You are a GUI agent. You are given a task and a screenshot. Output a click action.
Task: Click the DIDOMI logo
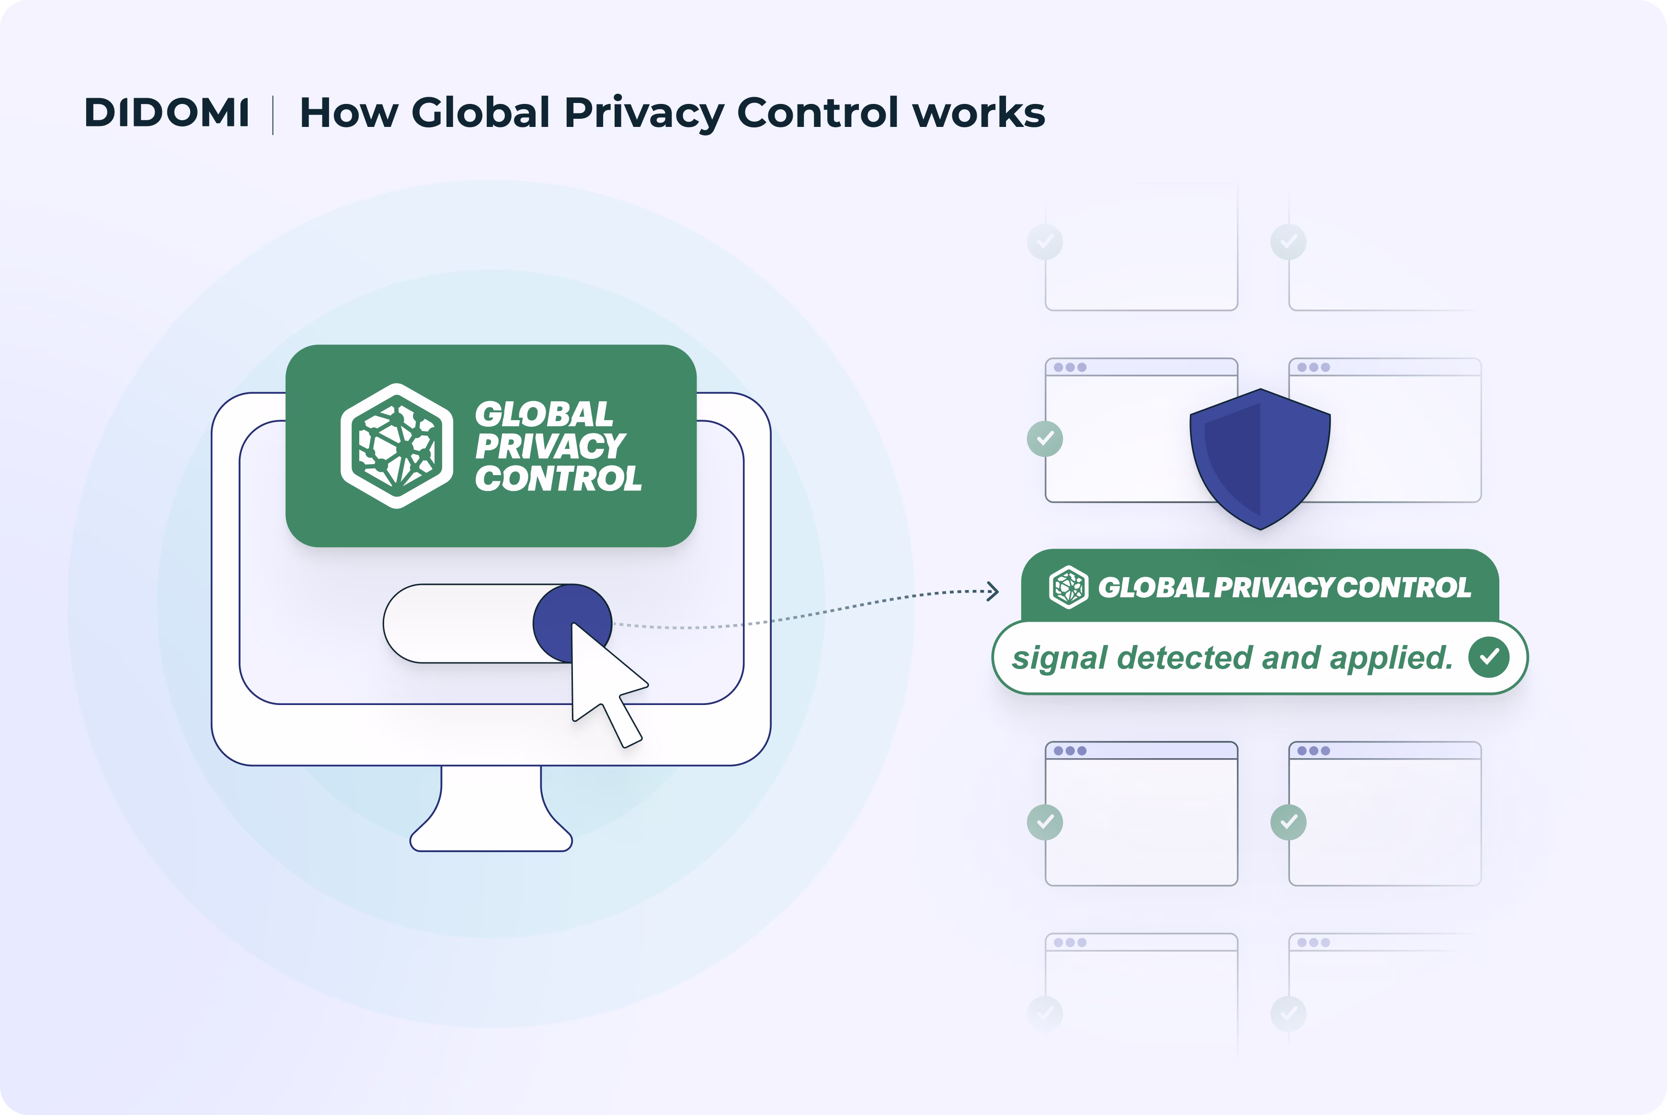click(166, 113)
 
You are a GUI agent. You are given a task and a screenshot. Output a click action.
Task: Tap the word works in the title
click(979, 113)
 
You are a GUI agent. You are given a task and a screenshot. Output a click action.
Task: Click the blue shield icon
click(1259, 459)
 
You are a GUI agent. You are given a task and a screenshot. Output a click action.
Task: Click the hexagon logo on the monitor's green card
click(397, 446)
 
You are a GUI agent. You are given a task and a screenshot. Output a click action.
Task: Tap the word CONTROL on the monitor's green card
click(558, 478)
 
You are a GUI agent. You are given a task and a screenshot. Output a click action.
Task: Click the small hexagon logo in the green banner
click(1068, 587)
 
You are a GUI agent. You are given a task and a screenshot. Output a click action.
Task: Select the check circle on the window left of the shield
click(1045, 438)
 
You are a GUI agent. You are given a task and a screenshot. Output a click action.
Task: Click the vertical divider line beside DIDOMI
click(273, 114)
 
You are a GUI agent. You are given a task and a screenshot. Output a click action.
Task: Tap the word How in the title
click(348, 113)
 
